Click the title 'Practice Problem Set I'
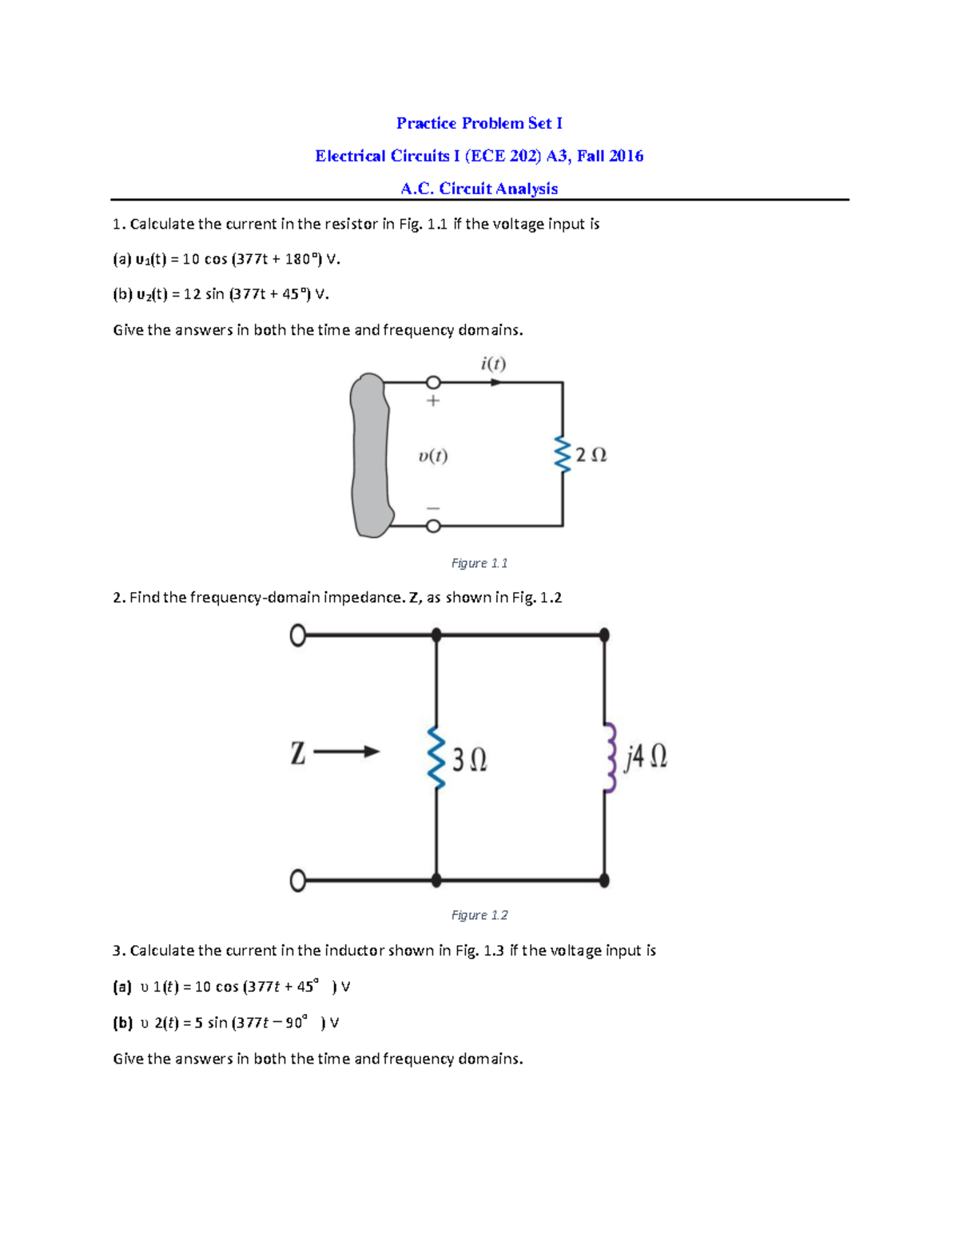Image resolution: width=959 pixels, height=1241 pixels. (x=479, y=123)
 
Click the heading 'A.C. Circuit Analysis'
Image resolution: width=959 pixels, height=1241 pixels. (x=479, y=189)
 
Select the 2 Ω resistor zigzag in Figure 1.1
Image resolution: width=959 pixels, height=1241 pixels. (x=563, y=455)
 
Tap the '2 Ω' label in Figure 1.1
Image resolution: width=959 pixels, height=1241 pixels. (x=591, y=455)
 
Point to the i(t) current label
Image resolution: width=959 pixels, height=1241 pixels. (x=493, y=364)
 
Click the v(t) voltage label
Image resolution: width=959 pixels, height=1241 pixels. (x=433, y=456)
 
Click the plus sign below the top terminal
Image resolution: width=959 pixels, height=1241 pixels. (x=433, y=400)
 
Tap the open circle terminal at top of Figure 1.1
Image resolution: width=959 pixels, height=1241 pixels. (x=433, y=383)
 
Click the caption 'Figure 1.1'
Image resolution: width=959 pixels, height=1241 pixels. (x=479, y=563)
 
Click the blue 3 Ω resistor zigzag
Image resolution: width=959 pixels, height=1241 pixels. (x=436, y=758)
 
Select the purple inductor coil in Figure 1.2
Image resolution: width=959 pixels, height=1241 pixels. (x=610, y=758)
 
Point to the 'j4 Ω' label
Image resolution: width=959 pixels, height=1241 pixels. (x=646, y=756)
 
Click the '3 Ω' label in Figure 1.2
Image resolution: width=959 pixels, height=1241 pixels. (x=470, y=759)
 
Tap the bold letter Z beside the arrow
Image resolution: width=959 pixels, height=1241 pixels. (x=298, y=753)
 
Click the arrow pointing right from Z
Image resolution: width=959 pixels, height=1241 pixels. (x=347, y=751)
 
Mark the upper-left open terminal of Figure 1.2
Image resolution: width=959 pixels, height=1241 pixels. (x=298, y=635)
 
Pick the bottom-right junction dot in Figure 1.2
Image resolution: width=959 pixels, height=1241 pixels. (x=604, y=881)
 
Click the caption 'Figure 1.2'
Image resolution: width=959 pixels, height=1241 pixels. (x=479, y=915)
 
